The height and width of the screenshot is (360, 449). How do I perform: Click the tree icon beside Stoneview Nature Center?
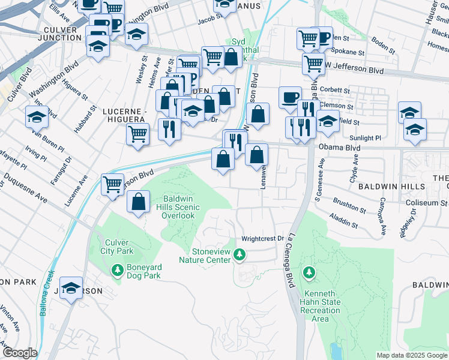[240, 255]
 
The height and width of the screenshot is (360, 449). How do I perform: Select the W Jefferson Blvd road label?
[354, 71]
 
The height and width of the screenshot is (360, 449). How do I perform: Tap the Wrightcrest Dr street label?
[262, 239]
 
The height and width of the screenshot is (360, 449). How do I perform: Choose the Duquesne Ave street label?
[26, 188]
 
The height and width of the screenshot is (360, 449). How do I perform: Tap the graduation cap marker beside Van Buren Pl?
[37, 116]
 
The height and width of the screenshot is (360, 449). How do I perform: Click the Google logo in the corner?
[20, 353]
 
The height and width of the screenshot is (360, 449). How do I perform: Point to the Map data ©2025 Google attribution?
[412, 355]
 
